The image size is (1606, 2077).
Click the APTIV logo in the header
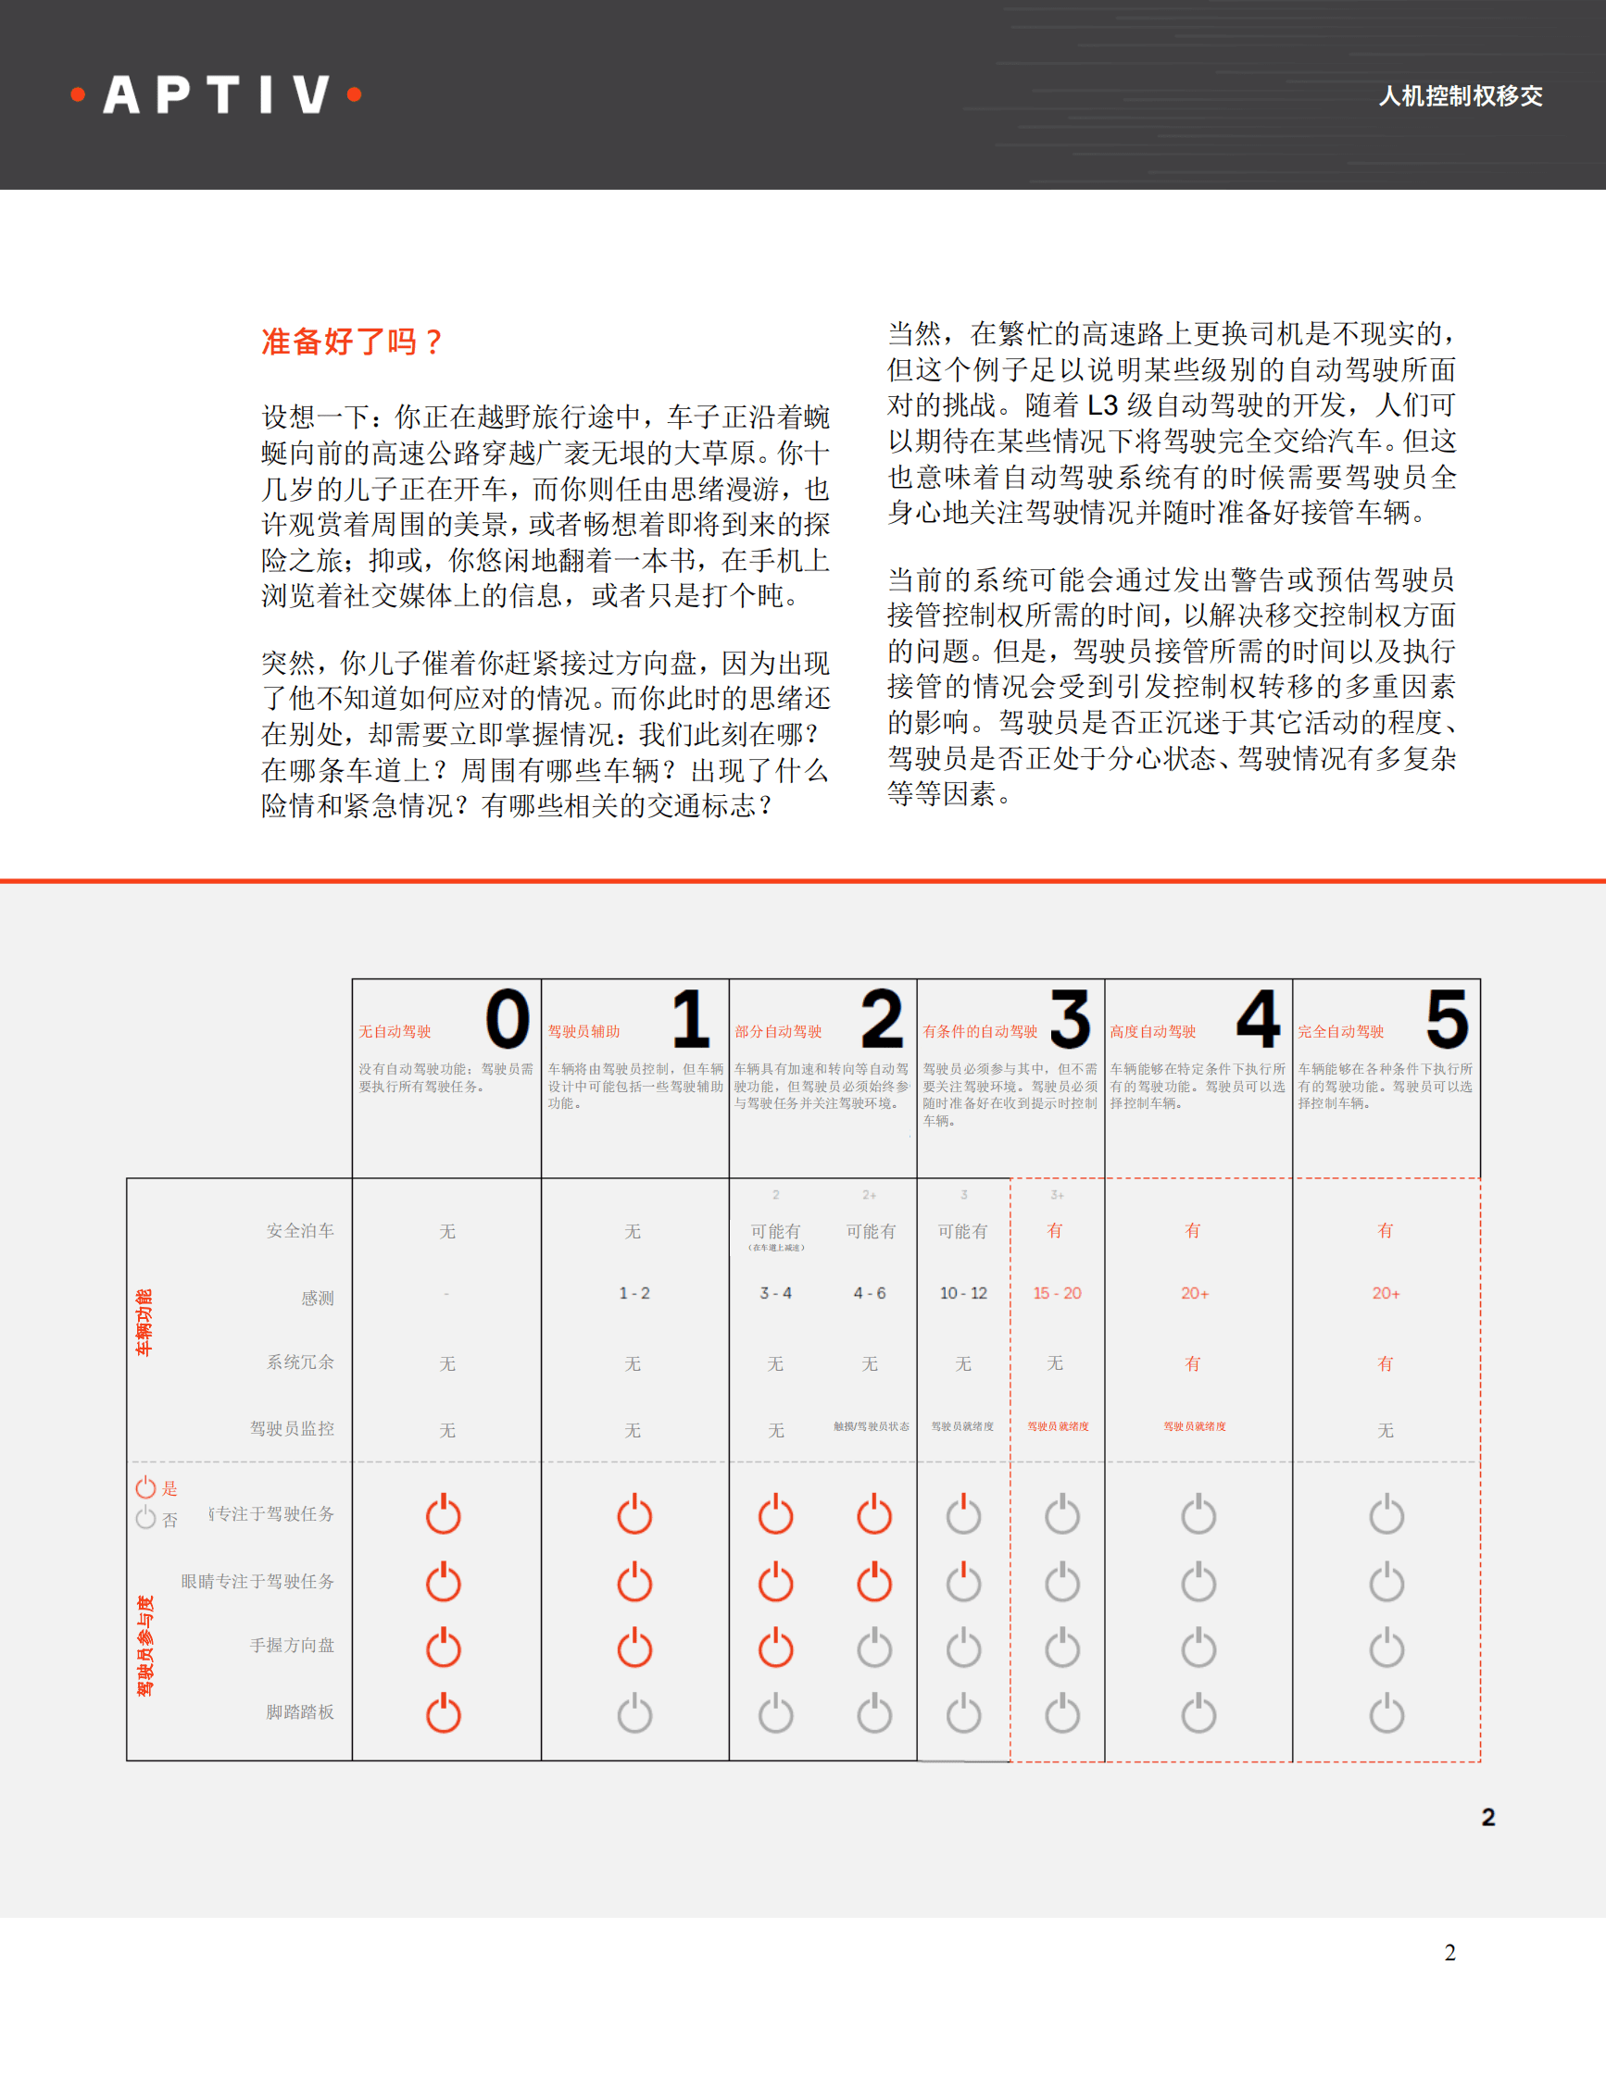point(217,95)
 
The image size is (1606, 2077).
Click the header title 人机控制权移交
point(1461,96)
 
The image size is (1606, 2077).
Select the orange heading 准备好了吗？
point(352,342)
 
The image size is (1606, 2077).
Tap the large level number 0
point(508,1018)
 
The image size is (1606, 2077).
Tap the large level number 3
point(1070,1018)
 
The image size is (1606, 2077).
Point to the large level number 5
point(1446,1018)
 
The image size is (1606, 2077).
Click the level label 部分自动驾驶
point(777,1032)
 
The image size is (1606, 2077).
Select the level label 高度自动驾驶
point(1152,1032)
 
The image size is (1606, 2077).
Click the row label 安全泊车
point(300,1231)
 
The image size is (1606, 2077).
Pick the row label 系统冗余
point(300,1362)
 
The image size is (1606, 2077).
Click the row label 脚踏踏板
point(300,1711)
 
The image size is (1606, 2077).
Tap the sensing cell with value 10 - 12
point(963,1293)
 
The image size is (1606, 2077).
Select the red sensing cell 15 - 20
point(1057,1293)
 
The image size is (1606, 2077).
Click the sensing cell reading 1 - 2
point(634,1293)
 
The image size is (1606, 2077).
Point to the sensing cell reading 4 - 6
point(869,1293)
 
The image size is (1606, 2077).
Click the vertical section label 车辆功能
point(144,1322)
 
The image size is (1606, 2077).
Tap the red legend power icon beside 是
point(145,1487)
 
